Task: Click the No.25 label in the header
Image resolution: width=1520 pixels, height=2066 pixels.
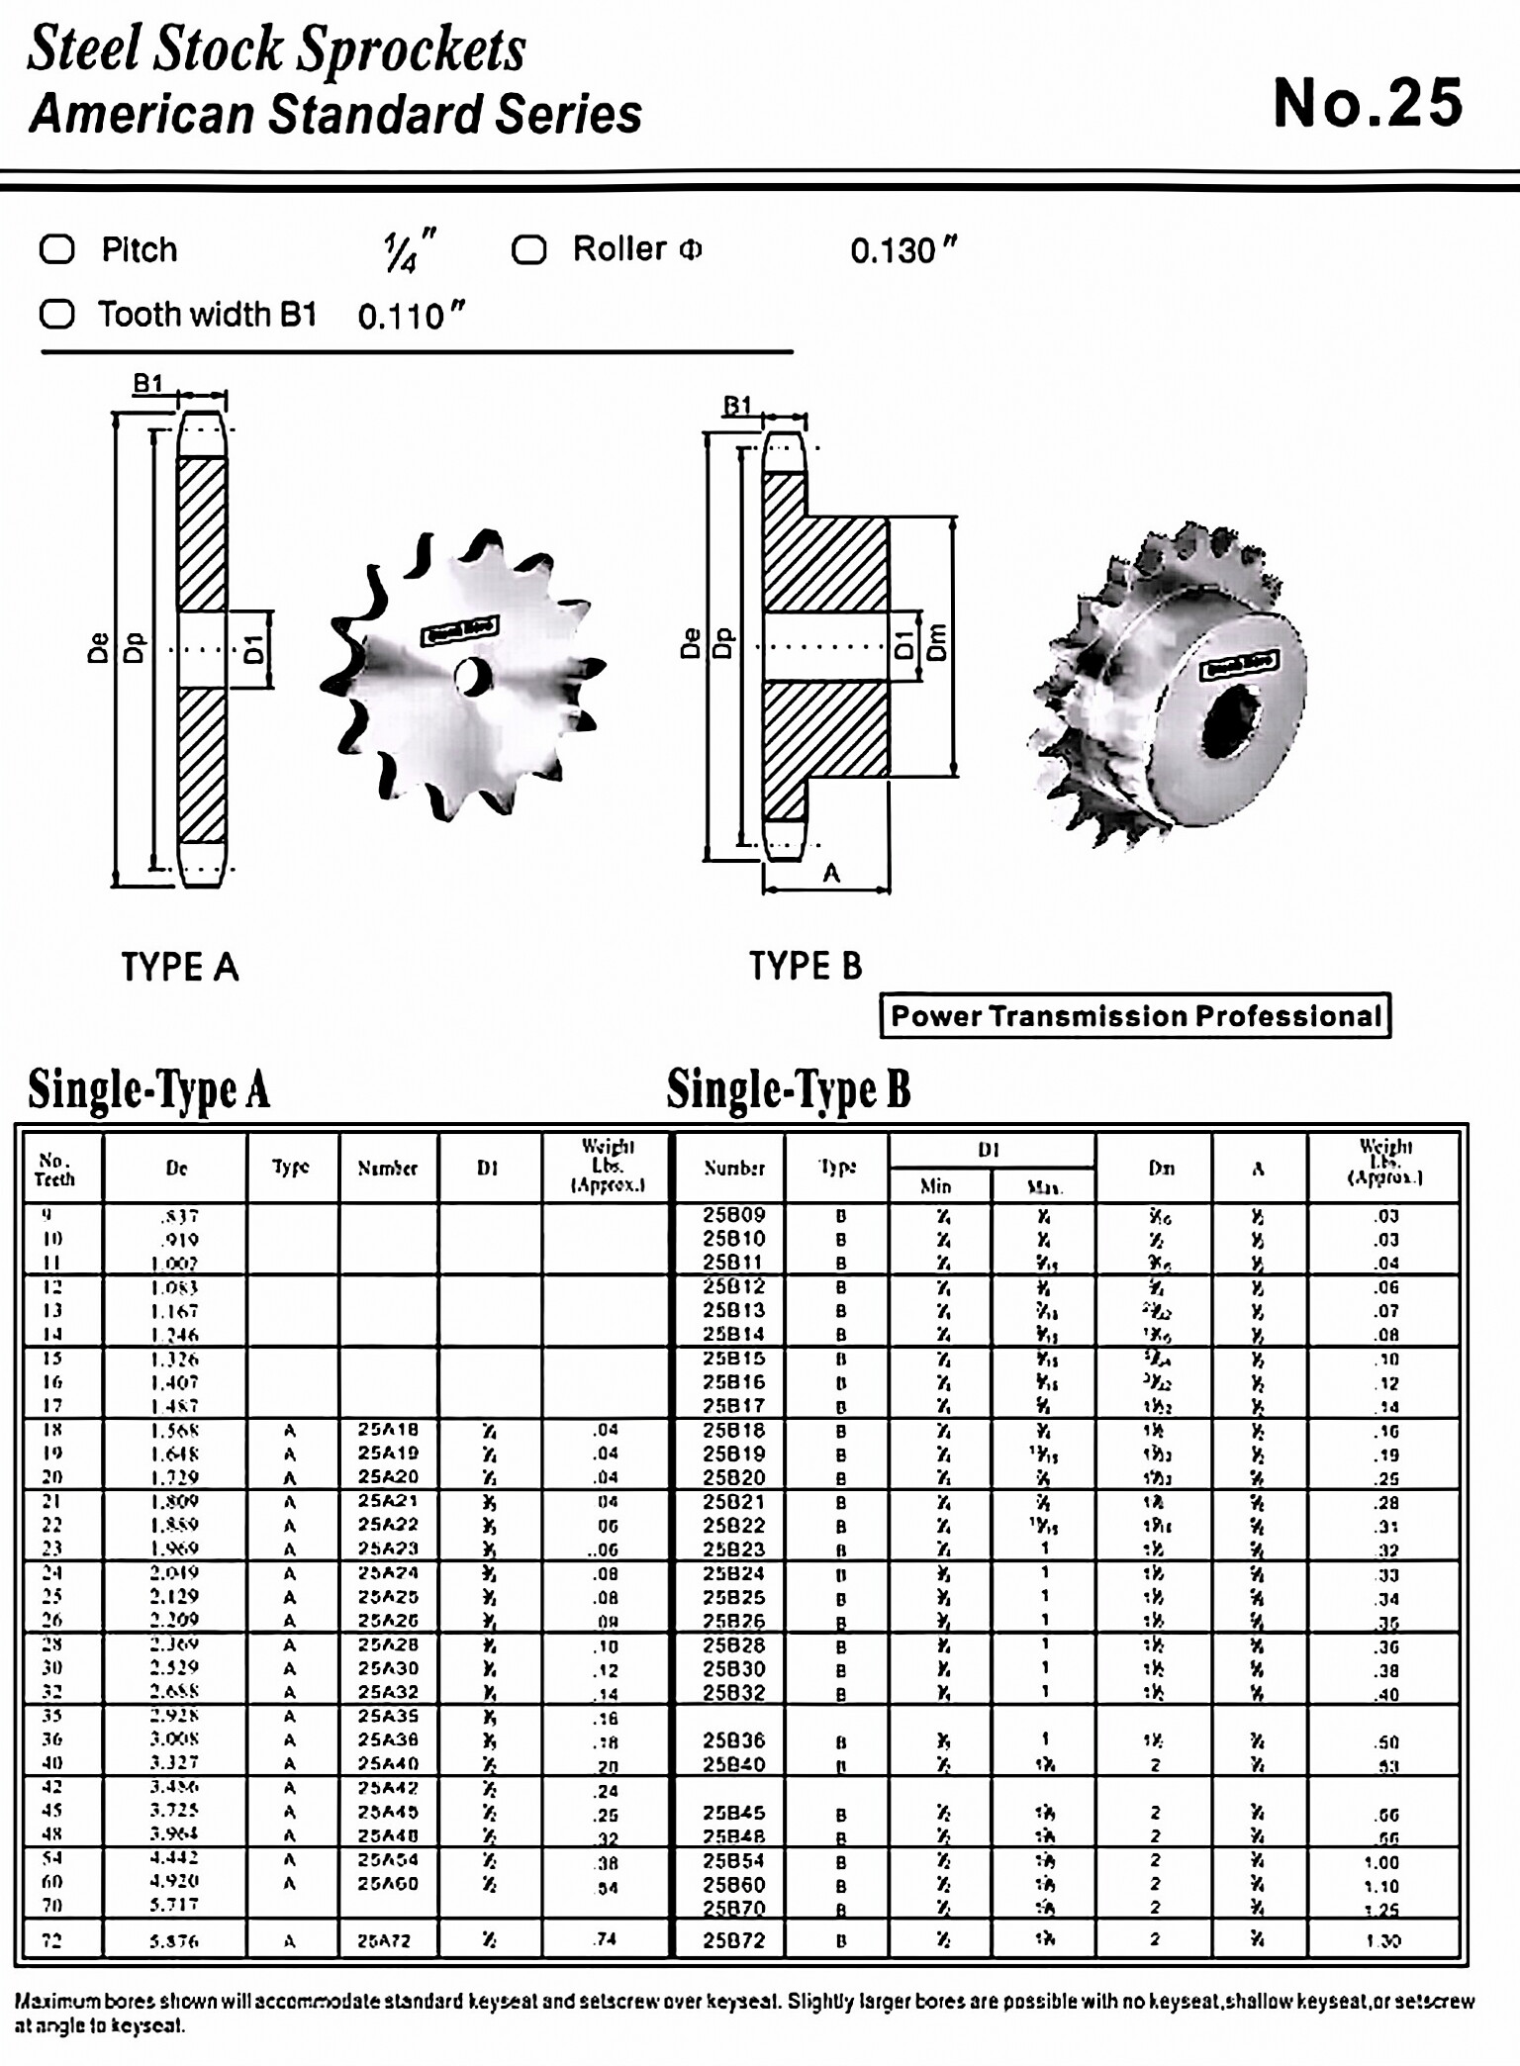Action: (x=1367, y=103)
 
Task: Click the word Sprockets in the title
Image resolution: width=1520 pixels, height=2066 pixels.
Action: (x=412, y=49)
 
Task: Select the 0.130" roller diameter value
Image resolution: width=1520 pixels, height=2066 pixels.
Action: (x=902, y=250)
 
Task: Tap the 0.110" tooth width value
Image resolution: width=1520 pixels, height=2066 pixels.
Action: (x=411, y=317)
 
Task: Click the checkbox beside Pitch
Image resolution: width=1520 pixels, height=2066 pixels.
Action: (x=57, y=249)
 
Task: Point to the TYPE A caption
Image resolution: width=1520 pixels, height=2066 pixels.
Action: (x=180, y=967)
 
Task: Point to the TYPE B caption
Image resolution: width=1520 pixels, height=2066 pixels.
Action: (x=805, y=966)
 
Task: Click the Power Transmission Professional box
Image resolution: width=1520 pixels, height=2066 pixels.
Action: (x=1135, y=1016)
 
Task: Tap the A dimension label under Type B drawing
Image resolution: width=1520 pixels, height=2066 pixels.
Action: (x=831, y=873)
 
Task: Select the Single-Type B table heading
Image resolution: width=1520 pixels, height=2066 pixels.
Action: (x=788, y=1089)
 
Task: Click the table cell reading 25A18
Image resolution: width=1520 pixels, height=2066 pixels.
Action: (x=388, y=1430)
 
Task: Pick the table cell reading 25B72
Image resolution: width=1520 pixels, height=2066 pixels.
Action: (x=734, y=1940)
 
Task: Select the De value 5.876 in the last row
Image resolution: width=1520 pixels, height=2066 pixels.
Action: (x=174, y=1941)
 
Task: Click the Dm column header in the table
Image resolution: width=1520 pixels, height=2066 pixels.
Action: (x=1161, y=1168)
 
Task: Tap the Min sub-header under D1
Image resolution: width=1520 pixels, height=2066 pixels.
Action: (x=935, y=1185)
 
